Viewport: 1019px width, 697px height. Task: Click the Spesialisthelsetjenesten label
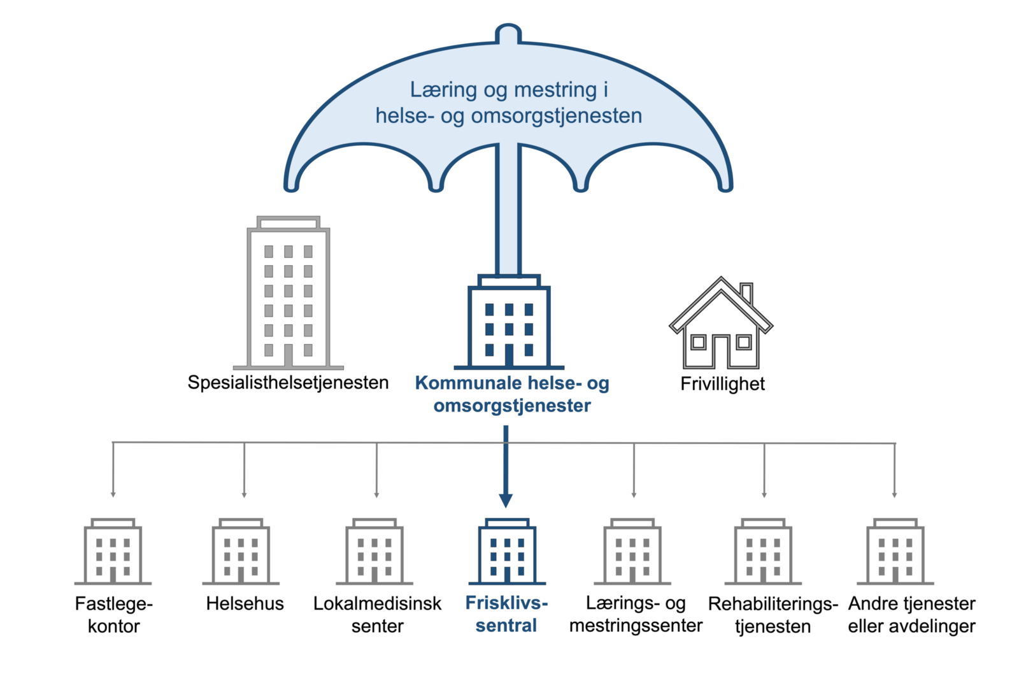coord(288,382)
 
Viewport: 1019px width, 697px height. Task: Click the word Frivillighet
coord(722,384)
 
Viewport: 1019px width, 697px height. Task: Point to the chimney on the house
coord(746,292)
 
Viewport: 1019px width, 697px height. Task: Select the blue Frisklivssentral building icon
coord(507,552)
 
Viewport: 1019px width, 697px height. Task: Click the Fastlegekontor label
coord(113,614)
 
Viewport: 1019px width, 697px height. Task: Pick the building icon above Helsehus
coord(241,552)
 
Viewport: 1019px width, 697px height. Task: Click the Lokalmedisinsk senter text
coord(377,614)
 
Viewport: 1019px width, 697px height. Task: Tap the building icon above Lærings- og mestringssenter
coord(632,552)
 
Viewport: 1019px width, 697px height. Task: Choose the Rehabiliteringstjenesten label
coord(773,614)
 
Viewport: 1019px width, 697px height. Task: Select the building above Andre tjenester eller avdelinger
coord(895,552)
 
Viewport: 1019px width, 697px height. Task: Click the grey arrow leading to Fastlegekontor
coord(113,471)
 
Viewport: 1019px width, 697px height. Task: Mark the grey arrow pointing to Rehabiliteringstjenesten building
coord(764,471)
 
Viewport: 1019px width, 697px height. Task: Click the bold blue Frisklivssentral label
coord(506,614)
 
